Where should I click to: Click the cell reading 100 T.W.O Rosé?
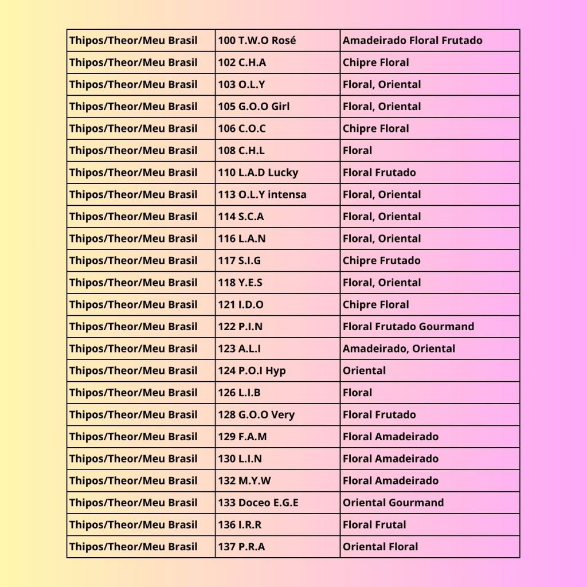(257, 41)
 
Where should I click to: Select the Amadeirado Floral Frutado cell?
(412, 41)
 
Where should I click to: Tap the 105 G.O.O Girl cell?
(254, 107)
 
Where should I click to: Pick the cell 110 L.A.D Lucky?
(258, 173)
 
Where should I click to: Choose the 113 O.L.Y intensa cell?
(262, 194)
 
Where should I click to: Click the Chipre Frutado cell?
(381, 261)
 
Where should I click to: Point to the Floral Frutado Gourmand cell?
(408, 327)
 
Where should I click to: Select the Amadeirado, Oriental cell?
(399, 349)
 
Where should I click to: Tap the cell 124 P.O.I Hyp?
(252, 371)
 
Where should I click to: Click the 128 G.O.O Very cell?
(256, 414)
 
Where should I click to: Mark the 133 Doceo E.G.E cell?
(258, 503)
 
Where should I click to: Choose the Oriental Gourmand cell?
(393, 503)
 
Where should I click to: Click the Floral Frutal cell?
(374, 525)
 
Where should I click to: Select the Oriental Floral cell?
(380, 547)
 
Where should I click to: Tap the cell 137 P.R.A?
(241, 547)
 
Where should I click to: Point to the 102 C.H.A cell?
(242, 62)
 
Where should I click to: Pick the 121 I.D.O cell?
(241, 305)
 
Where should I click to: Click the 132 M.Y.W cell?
(245, 481)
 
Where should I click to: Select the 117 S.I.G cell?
(240, 261)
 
